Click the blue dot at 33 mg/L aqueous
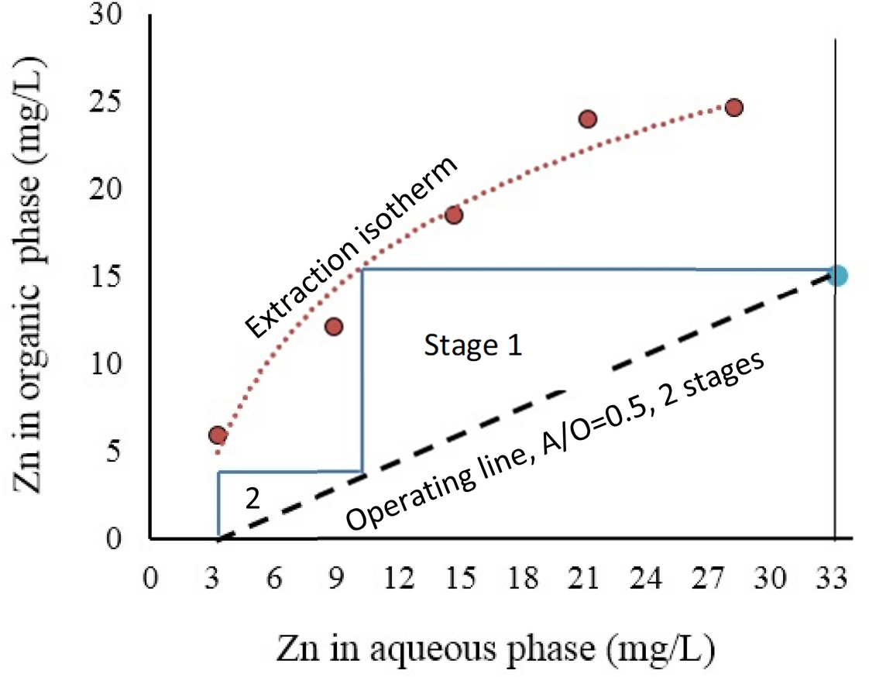836,275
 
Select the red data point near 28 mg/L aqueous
734,107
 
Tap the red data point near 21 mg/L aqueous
588,119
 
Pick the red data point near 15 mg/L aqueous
454,215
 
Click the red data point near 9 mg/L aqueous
334,326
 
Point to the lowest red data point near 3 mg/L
218,435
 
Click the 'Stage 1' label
472,346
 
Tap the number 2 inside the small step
252,497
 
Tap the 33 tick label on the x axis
834,579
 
